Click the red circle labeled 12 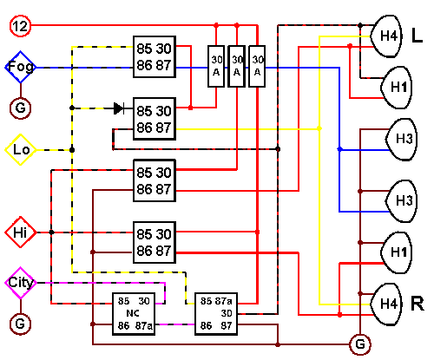[x=20, y=26]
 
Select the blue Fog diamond [x=20, y=67]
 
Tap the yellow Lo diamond [x=21, y=150]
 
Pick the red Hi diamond [x=21, y=232]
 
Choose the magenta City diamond [x=21, y=283]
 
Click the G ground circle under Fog [x=20, y=108]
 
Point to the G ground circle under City [x=20, y=324]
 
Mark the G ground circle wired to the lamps [x=360, y=344]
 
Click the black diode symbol [x=119, y=108]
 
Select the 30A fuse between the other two [x=237, y=66]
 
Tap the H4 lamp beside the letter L [x=386, y=36]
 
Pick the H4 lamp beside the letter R [x=386, y=304]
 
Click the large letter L [x=417, y=36]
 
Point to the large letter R [x=418, y=304]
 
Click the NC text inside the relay [x=133, y=313]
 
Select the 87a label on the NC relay [x=144, y=326]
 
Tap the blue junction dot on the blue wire [x=339, y=149]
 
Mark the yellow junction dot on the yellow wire [x=319, y=128]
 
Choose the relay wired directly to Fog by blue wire [x=155, y=56]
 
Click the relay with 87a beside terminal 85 [x=216, y=314]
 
